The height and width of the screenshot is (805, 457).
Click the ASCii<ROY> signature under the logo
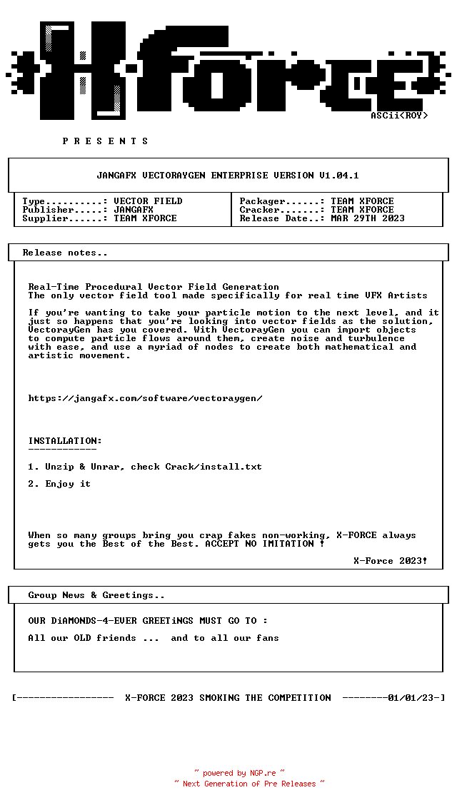[x=399, y=116]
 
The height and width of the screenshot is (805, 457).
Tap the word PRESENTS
[x=106, y=141]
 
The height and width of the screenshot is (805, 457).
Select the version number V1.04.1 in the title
[x=339, y=176]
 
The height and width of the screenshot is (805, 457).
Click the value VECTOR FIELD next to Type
[x=148, y=201]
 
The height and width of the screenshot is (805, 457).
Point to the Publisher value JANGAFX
[x=134, y=210]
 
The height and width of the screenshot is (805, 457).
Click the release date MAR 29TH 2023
[x=368, y=218]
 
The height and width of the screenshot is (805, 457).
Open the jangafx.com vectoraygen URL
[x=145, y=398]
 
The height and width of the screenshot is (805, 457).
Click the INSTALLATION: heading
[x=65, y=441]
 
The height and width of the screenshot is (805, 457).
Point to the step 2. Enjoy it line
[x=59, y=484]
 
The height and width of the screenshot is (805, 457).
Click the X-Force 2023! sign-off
[x=391, y=561]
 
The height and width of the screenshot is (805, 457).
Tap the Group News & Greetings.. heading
[x=96, y=595]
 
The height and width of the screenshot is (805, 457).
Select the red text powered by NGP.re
[x=239, y=773]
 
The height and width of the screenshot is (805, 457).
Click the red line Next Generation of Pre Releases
[x=249, y=784]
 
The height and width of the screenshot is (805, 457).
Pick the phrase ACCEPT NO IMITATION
[x=262, y=544]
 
